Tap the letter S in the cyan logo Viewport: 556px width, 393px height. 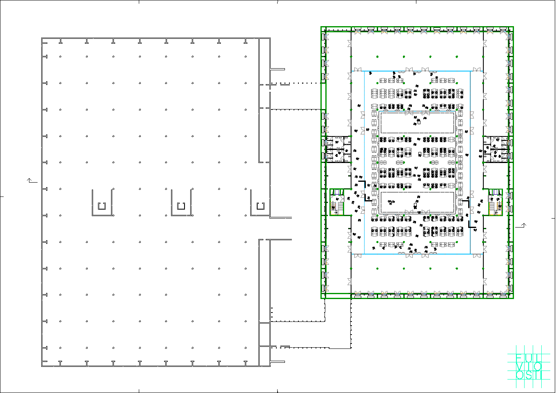pyautogui.click(x=529, y=374)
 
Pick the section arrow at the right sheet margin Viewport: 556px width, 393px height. pyautogui.click(x=521, y=225)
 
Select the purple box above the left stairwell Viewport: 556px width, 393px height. pyautogui.click(x=337, y=192)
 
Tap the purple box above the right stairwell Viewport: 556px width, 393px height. pyautogui.click(x=495, y=192)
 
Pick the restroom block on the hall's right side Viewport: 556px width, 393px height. pyautogui.click(x=495, y=149)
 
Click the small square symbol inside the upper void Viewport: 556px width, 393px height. pyautogui.click(x=418, y=122)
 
